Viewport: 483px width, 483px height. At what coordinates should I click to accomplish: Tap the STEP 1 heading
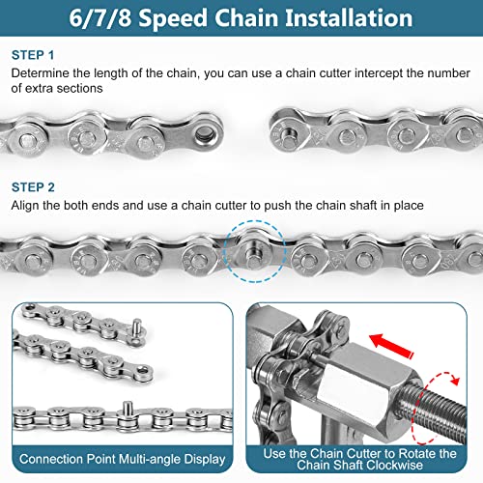(x=33, y=55)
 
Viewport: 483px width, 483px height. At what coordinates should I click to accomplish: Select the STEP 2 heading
(x=33, y=187)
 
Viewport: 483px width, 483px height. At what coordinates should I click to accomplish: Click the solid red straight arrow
(x=391, y=346)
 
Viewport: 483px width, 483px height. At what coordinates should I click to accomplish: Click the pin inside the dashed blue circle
(x=254, y=251)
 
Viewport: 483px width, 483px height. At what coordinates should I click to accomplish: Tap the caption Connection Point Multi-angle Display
(x=123, y=459)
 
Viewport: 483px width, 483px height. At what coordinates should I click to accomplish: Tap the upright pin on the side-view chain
(x=128, y=409)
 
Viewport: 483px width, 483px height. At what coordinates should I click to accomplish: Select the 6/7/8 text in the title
(x=100, y=18)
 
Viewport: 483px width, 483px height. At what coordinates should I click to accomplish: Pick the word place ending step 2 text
(x=409, y=206)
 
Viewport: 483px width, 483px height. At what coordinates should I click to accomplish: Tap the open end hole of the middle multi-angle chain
(x=143, y=371)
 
